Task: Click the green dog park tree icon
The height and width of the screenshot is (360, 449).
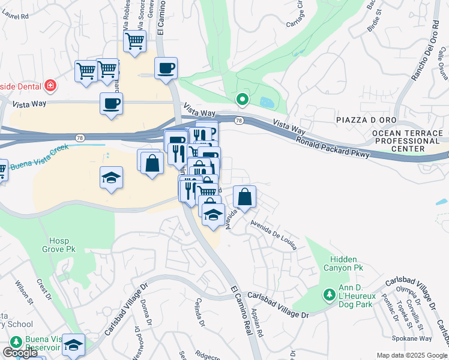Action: point(328,295)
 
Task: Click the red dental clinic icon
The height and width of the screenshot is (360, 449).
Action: point(50,85)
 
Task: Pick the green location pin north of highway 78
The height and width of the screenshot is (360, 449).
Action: point(242,99)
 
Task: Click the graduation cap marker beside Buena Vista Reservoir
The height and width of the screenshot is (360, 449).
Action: point(73,344)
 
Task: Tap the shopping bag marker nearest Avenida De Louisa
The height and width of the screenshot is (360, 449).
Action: point(245,196)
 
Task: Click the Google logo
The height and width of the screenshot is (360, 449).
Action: point(20,353)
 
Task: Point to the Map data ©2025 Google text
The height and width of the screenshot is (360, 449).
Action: point(412,355)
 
